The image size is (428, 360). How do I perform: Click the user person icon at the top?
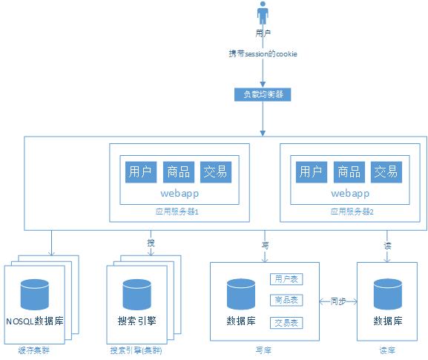coord(262,14)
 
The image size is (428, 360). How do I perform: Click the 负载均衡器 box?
coord(263,94)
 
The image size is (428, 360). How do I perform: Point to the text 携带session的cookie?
coord(263,55)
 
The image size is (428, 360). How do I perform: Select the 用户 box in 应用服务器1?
coord(140,171)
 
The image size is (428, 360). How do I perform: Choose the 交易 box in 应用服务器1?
coord(216,171)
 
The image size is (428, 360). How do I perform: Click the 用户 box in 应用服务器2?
coord(311,171)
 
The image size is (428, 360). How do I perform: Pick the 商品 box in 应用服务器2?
coord(349,171)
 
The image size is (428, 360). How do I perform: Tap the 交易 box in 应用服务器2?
coord(386,171)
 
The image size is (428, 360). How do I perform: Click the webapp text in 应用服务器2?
coord(349,193)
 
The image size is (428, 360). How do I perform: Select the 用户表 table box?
coord(286,279)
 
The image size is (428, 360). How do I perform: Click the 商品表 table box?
coord(286,301)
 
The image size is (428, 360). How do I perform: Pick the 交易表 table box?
coord(286,323)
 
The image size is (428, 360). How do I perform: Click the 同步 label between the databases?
coord(338,301)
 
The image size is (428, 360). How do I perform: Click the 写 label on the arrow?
coord(265,244)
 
